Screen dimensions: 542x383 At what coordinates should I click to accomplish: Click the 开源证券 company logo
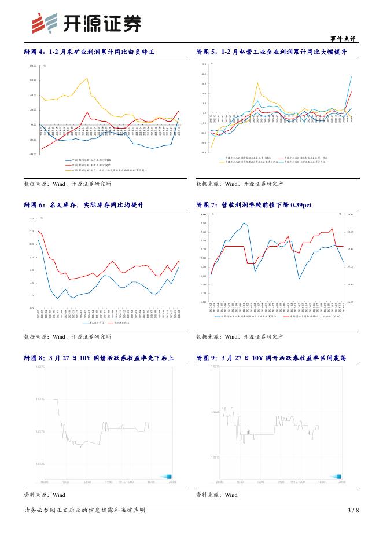(86, 23)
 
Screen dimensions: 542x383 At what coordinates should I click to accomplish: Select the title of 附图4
(90, 52)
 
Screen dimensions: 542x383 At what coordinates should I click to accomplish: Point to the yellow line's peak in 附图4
(87, 78)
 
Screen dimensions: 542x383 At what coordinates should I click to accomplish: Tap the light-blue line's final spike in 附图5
(351, 76)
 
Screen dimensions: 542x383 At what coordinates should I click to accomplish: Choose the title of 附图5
(271, 52)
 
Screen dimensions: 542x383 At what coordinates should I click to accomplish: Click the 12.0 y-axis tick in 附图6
(32, 231)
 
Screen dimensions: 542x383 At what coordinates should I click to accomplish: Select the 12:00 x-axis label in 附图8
(87, 481)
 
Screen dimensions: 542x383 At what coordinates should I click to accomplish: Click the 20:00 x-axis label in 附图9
(342, 481)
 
